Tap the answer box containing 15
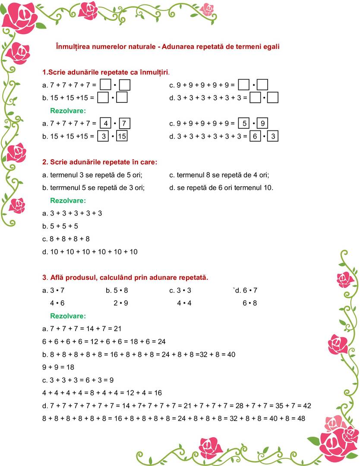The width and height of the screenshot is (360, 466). [x=122, y=136]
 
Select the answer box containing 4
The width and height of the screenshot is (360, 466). [x=105, y=124]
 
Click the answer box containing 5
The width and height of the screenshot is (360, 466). [x=244, y=124]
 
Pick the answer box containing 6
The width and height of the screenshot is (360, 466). [x=255, y=136]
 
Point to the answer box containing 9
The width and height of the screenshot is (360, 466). [x=263, y=124]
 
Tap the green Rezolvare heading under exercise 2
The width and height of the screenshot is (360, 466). [x=68, y=200]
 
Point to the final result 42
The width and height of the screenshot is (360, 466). [x=307, y=406]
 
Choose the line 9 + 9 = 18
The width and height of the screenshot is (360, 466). [x=58, y=367]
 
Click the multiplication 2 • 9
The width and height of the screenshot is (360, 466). [x=121, y=303]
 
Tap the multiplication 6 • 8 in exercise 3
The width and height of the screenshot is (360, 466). [x=249, y=303]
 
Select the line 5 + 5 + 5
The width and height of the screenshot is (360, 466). [x=60, y=226]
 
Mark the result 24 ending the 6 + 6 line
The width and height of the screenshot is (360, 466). [x=161, y=342]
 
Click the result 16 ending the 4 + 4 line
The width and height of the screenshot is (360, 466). [x=158, y=393]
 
